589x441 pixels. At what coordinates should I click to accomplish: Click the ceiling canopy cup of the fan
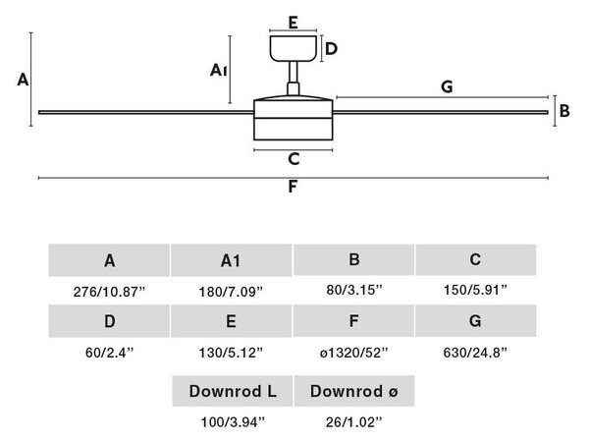pos(293,48)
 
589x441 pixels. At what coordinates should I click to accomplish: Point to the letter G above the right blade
pos(447,86)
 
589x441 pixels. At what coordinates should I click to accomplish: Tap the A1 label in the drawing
pos(218,71)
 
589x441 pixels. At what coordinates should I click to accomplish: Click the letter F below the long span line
pos(293,187)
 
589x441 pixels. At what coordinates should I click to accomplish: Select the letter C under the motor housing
pos(294,159)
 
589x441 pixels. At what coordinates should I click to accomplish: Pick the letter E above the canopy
pos(294,23)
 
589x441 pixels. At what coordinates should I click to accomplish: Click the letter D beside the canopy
pos(331,49)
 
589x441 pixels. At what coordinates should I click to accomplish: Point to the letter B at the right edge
pos(564,111)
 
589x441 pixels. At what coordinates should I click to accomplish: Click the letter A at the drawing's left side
pos(23,80)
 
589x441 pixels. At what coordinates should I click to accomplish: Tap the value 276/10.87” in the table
pos(109,292)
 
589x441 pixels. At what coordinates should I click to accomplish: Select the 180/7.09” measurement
pos(231,292)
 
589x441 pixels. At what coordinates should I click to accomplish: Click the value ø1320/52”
pos(353,353)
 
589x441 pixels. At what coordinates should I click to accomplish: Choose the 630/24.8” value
pos(475,353)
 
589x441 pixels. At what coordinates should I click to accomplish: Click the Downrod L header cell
pos(233,391)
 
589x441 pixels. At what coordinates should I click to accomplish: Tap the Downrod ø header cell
pos(354,391)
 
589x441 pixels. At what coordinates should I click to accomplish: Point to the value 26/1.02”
pos(353,422)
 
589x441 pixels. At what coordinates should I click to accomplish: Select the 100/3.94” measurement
pos(233,422)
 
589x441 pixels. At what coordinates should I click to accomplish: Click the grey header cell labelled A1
pos(231,260)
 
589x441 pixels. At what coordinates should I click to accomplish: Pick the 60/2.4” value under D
pos(109,353)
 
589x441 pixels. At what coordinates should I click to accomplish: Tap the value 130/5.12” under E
pos(231,353)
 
